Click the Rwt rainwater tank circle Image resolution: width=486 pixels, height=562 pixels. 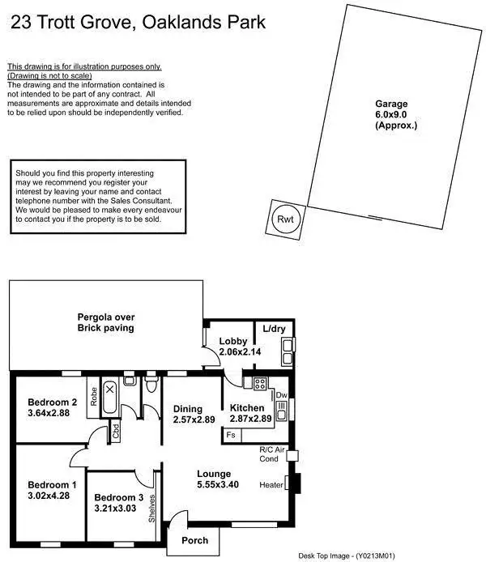(x=284, y=217)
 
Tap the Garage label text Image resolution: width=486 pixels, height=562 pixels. (x=391, y=104)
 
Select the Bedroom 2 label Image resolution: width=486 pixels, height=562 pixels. (x=52, y=402)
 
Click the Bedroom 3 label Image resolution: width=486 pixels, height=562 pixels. (x=118, y=497)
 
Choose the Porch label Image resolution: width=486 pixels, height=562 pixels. (x=194, y=540)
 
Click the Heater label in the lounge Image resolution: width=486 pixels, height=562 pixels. (x=271, y=485)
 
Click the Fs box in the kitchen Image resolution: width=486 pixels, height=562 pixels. (x=232, y=436)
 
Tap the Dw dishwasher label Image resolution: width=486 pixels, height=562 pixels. (x=282, y=396)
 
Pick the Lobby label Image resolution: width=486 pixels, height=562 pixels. (x=232, y=341)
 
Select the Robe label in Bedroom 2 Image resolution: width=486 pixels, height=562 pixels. (x=94, y=396)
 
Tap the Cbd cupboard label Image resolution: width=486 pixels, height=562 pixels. (x=116, y=432)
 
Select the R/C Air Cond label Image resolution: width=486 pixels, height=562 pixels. (x=271, y=453)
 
